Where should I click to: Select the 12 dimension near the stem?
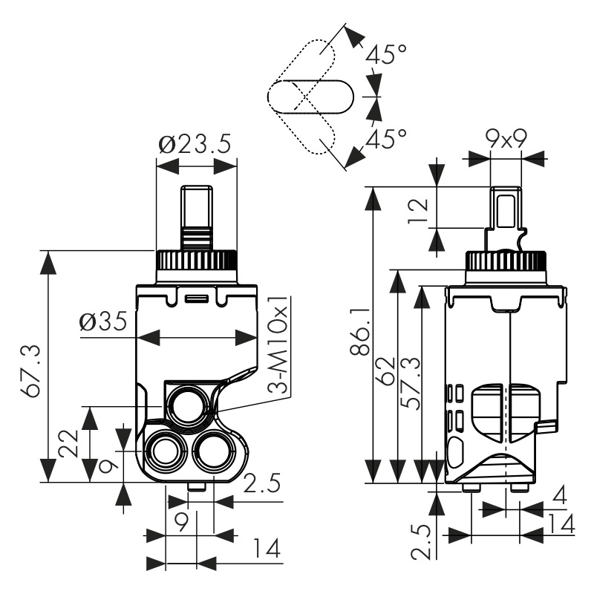pyautogui.click(x=420, y=209)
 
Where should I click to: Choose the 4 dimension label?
pyautogui.click(x=559, y=495)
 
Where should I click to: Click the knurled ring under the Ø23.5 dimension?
pyautogui.click(x=196, y=261)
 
